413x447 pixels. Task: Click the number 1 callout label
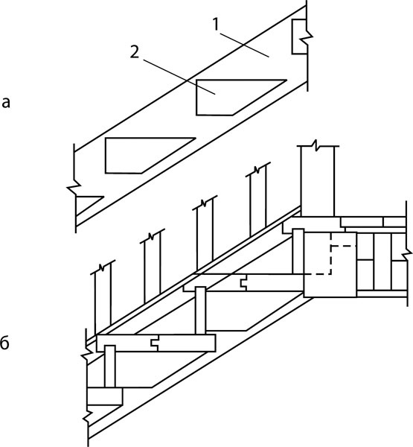216,25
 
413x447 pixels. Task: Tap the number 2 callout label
135,52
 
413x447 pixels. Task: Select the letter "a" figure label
6,103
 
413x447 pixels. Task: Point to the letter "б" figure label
4,343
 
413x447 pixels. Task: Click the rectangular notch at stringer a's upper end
299,37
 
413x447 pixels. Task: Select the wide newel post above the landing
317,181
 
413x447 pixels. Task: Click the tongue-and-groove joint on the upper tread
243,283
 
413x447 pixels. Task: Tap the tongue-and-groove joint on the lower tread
154,343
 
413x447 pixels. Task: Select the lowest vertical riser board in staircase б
110,367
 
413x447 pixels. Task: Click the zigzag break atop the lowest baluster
102,267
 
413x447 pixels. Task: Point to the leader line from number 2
179,77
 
